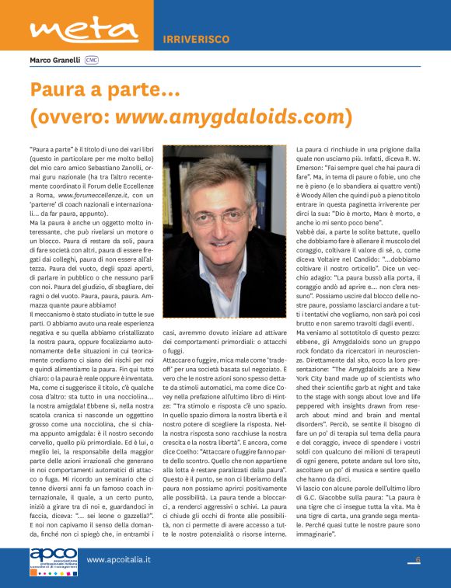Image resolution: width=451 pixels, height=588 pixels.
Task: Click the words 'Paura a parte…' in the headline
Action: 104,90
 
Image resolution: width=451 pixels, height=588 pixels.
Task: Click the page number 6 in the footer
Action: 418,559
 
